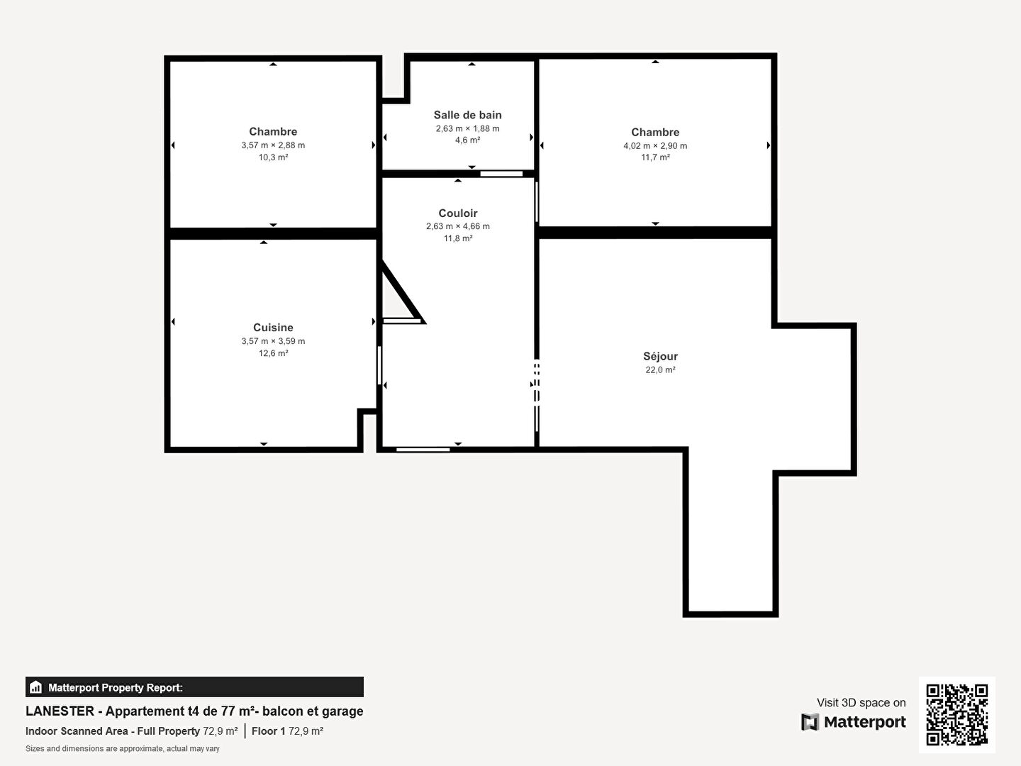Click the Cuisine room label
273,328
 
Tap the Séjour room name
660,356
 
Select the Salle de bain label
467,115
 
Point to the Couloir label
458,213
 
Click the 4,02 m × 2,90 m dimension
655,145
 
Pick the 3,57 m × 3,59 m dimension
273,341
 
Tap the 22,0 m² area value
660,370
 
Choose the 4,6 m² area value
467,140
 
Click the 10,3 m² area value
273,157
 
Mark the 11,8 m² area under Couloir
458,238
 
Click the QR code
956,714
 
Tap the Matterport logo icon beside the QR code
810,722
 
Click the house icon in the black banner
36,687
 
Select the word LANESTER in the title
60,711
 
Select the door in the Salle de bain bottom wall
501,174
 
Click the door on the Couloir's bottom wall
423,449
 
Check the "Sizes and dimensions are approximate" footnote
123,749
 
